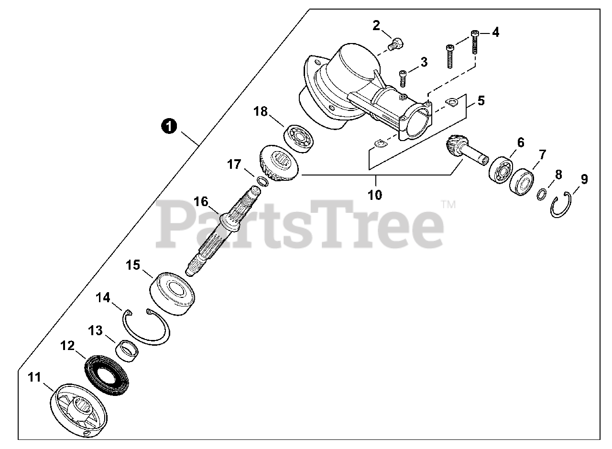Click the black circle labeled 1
(x=168, y=126)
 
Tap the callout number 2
(x=377, y=25)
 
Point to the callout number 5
(x=481, y=100)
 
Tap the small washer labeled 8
(x=541, y=195)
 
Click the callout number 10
(x=375, y=195)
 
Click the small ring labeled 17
(x=262, y=181)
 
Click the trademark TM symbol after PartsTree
(x=448, y=204)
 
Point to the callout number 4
(x=495, y=33)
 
